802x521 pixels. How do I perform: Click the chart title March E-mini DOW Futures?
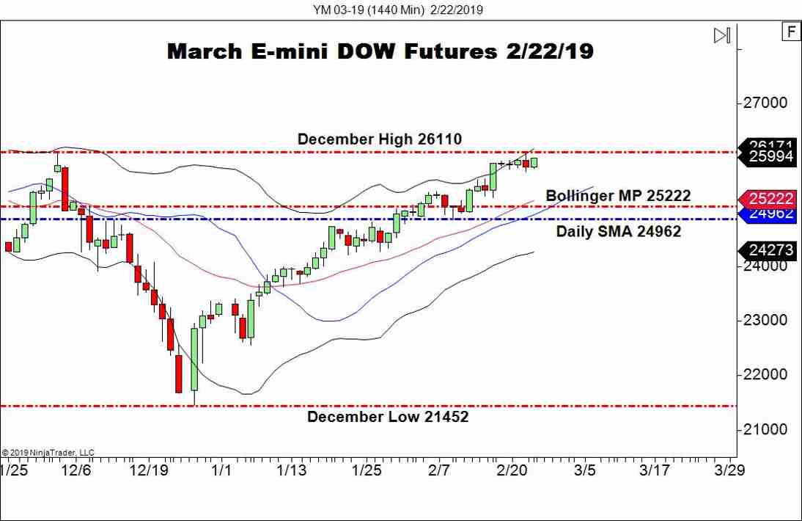(x=380, y=51)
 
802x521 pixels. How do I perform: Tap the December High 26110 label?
(x=379, y=139)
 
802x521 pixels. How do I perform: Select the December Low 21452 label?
(x=387, y=417)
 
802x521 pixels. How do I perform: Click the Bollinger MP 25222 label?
(x=618, y=196)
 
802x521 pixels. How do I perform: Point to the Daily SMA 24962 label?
(x=618, y=231)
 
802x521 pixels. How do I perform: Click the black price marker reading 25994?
(x=771, y=156)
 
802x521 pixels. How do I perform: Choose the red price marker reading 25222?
(x=771, y=198)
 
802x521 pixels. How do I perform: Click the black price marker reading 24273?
(x=771, y=250)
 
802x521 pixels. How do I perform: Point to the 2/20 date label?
(x=511, y=470)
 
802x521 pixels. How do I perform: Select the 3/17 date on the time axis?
(x=654, y=470)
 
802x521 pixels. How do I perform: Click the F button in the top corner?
(x=790, y=32)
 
